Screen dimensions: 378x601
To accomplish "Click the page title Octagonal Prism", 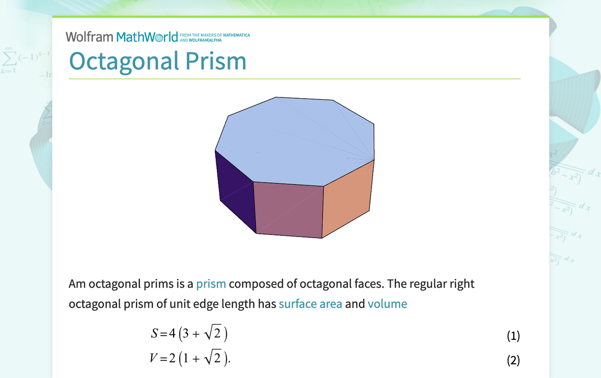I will tap(157, 61).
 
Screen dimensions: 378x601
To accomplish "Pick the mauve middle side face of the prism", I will tap(288, 209).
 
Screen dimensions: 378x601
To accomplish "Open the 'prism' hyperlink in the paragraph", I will tap(211, 284).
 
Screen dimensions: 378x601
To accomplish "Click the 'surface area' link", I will tap(310, 304).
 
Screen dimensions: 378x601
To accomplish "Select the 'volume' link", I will tap(387, 304).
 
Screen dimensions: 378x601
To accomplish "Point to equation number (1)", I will tap(513, 336).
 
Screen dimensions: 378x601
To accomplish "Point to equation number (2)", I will tap(513, 360).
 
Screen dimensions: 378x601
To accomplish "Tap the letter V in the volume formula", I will tap(154, 358).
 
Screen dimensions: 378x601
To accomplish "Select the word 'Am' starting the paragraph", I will tap(77, 284).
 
